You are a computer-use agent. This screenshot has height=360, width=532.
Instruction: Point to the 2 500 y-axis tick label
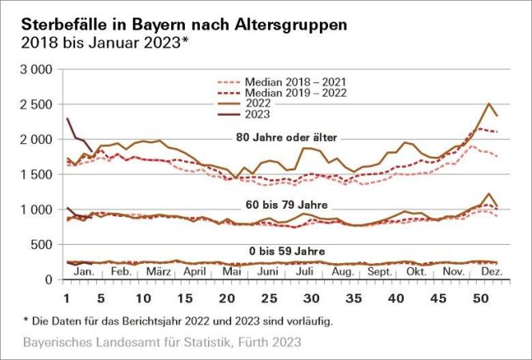[34, 105]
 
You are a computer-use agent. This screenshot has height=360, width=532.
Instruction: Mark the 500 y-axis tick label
[41, 245]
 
